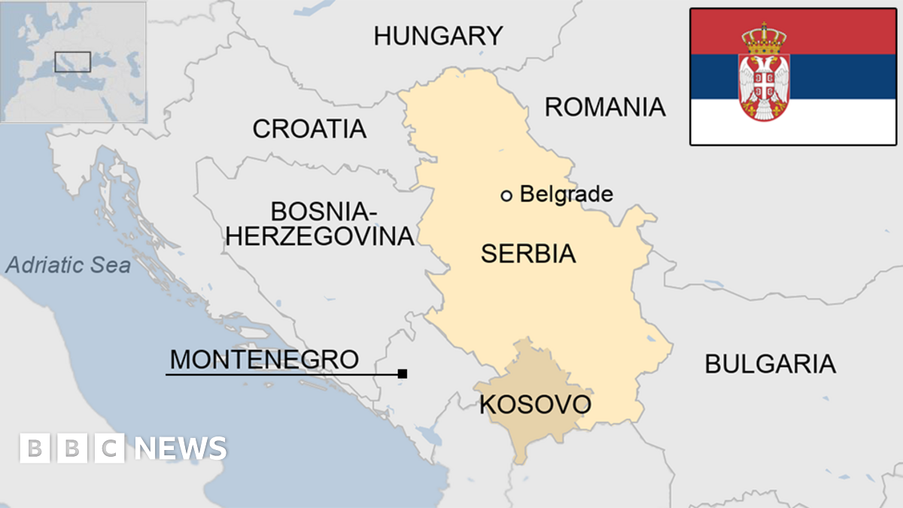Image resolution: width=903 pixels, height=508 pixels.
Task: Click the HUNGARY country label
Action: tap(438, 35)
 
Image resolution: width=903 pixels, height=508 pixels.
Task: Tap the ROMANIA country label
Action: tap(605, 107)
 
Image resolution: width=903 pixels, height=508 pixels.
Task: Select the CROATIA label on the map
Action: tap(309, 129)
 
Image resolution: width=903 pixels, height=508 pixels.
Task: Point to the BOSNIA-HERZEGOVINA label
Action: tap(321, 224)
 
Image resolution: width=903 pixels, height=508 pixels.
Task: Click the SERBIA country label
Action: tap(528, 254)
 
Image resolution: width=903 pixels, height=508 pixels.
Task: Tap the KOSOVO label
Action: tap(535, 405)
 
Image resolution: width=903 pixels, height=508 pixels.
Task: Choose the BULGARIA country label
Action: tap(770, 364)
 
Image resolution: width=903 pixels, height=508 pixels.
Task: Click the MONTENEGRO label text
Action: tap(264, 359)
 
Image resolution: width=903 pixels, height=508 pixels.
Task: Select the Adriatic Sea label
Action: tap(68, 265)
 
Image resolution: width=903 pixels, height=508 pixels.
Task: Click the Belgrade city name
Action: tap(566, 194)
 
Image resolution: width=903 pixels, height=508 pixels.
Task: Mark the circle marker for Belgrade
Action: tap(506, 196)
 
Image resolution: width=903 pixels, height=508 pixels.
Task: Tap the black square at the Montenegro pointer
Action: tap(403, 373)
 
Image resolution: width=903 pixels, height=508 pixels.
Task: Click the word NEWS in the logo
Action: tap(181, 449)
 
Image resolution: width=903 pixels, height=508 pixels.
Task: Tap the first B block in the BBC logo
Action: tap(34, 449)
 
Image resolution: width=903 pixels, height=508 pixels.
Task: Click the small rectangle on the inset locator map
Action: tap(73, 62)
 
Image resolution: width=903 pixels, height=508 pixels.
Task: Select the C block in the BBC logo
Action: tap(110, 449)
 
